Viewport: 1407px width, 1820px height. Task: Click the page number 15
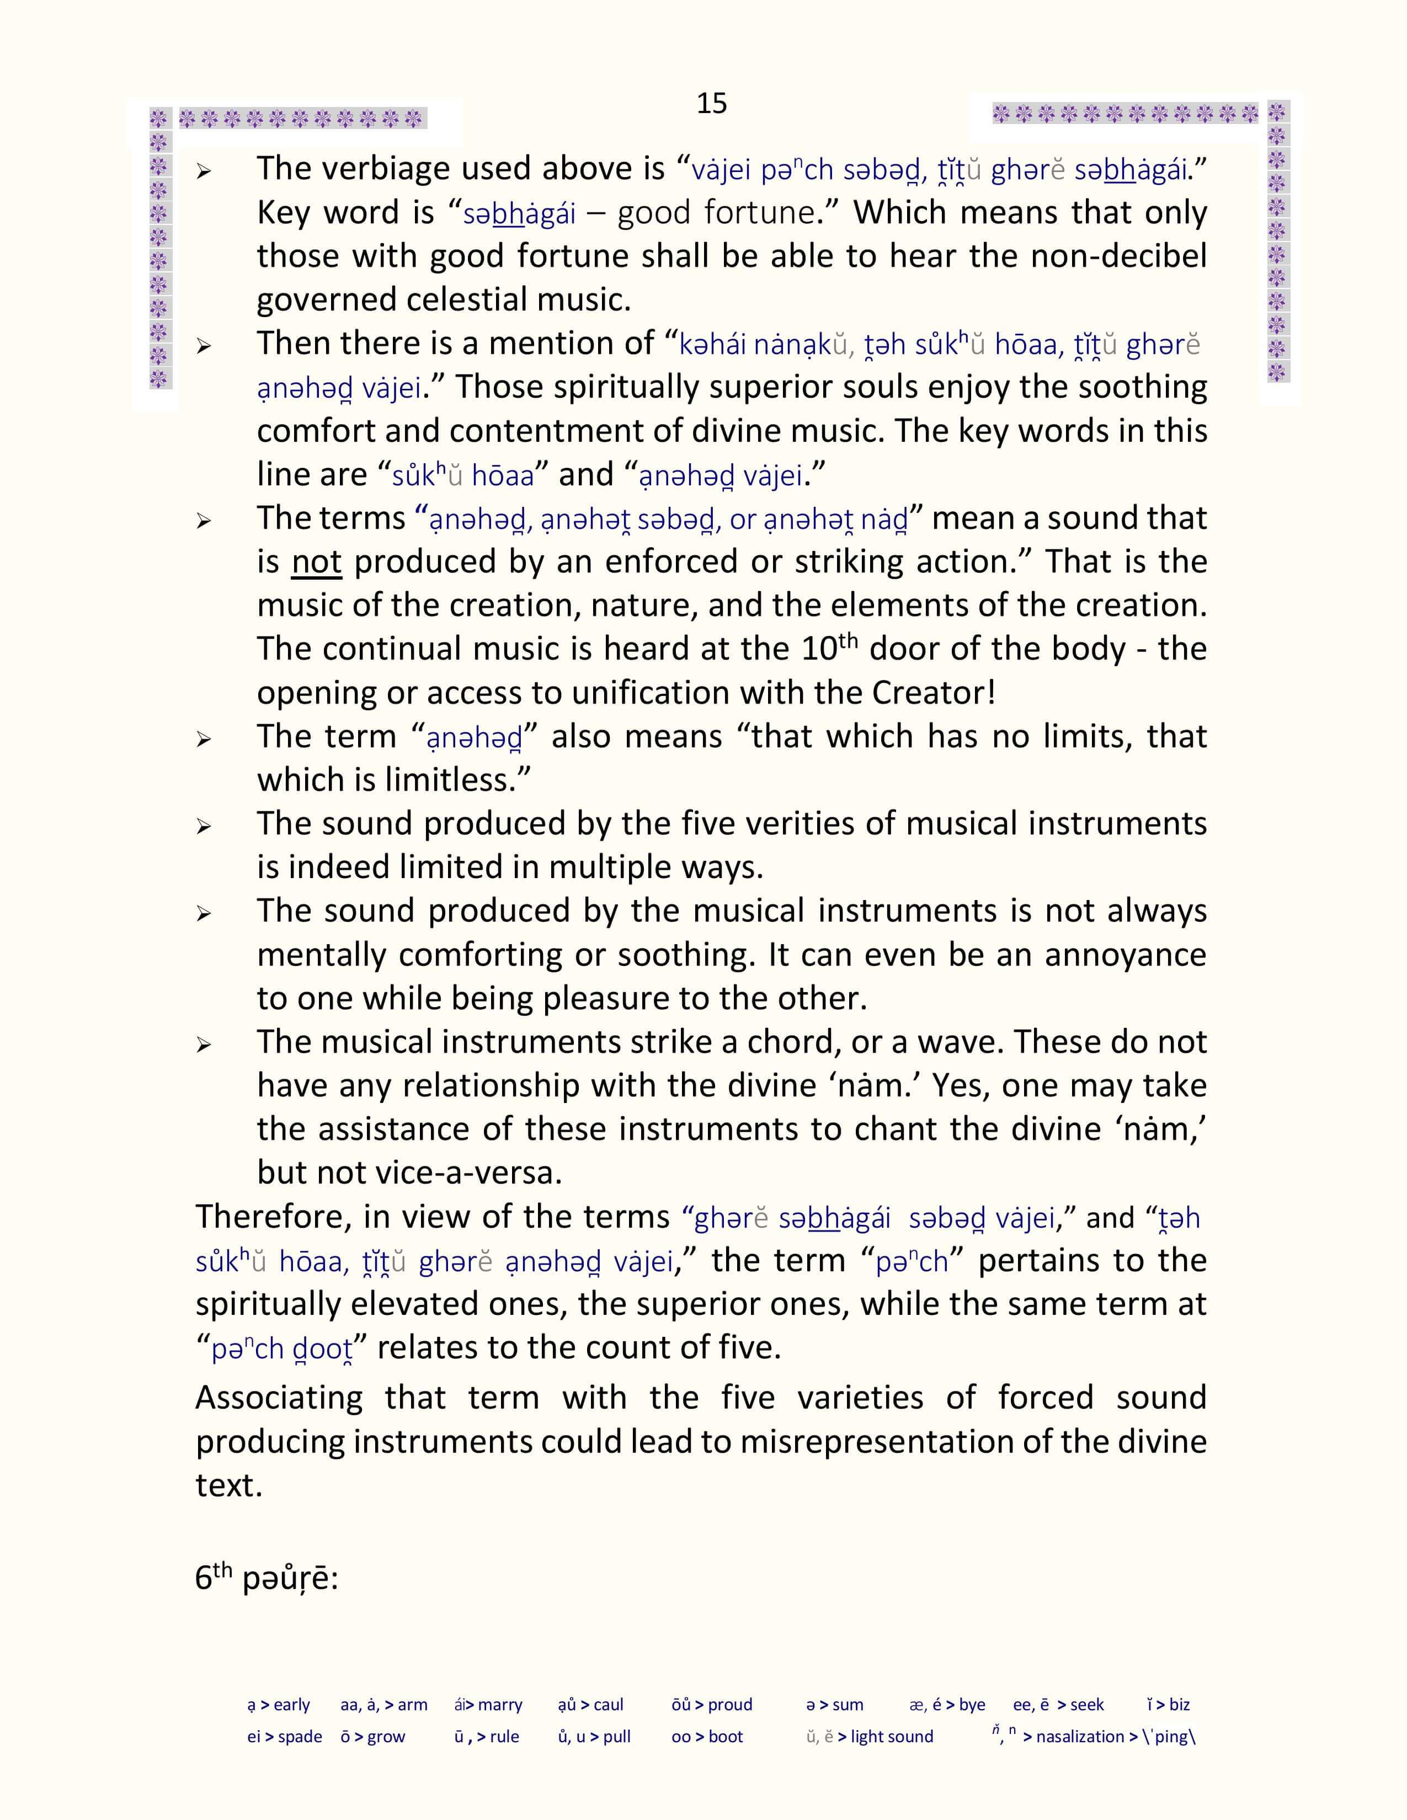711,103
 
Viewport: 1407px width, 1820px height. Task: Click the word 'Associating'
279,1398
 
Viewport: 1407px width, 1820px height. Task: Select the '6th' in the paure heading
212,1577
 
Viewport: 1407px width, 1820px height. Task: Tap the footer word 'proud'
730,1705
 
